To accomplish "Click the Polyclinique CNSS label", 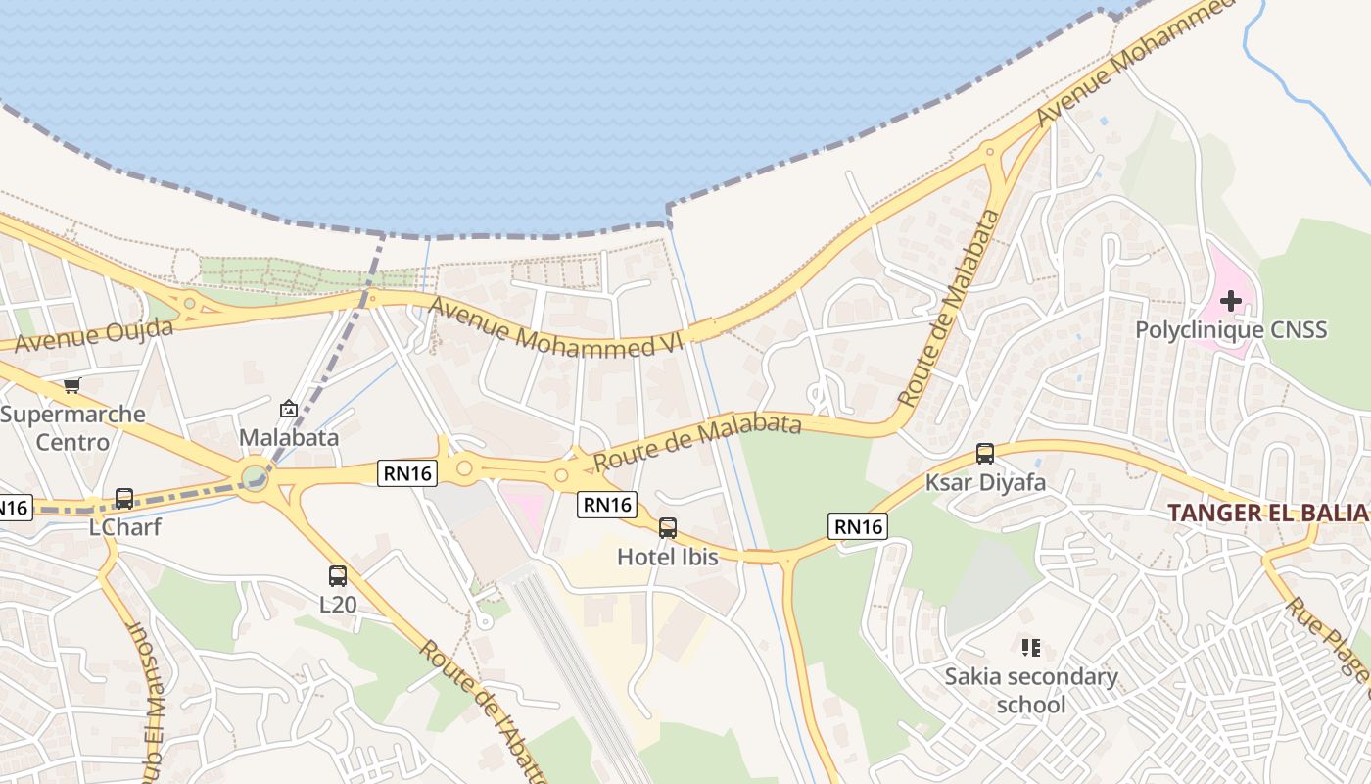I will pos(1231,329).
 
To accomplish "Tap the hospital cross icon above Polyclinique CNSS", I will pos(1231,300).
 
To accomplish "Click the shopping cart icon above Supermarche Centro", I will pos(71,385).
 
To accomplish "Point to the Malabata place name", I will pos(289,437).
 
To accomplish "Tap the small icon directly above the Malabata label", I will pos(289,408).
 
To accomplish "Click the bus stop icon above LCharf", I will pos(124,498).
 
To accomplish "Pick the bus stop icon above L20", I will pos(338,576).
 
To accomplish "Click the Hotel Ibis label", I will pos(667,557).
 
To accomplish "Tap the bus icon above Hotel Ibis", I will pos(667,528).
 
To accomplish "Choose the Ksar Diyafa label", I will pos(985,482).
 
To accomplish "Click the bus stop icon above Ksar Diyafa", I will pos(985,454).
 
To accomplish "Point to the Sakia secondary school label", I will pos(1030,690).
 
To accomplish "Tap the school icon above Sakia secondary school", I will pos(1030,647).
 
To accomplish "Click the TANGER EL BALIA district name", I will pos(1268,513).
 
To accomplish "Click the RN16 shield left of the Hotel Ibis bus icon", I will pos(606,505).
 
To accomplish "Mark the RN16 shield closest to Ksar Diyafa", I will pos(858,526).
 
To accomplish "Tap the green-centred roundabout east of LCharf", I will pos(255,478).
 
